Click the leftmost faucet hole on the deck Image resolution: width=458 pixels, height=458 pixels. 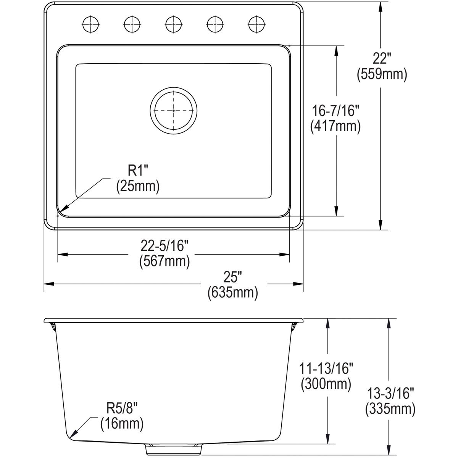tap(91, 24)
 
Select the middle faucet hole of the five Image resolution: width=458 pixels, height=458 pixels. tap(174, 24)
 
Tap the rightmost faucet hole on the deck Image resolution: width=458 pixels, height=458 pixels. tap(256, 24)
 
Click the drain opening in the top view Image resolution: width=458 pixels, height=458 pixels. tap(174, 110)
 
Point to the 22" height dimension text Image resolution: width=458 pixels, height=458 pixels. tap(382, 59)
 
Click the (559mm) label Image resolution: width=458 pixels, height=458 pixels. tap(382, 74)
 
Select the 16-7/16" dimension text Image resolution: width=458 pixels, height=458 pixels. tap(335, 111)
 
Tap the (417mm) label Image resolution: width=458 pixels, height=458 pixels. tap(335, 126)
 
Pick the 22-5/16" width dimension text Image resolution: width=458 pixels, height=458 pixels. tap(164, 246)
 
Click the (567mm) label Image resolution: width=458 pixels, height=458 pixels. tap(164, 261)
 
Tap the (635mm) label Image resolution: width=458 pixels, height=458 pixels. tap(233, 292)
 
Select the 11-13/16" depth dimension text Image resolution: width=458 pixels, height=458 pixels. tap(326, 369)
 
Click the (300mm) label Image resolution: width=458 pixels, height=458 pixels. tap(326, 384)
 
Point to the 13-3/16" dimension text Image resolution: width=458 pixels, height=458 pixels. tap(390, 393)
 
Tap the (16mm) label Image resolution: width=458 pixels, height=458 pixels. tap(122, 424)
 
